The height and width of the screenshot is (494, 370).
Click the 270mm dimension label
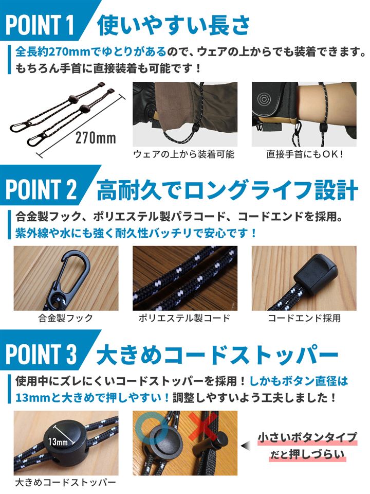(x=96, y=138)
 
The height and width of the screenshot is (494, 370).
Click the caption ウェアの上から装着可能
(x=183, y=154)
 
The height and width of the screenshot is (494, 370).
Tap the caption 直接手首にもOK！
(x=305, y=154)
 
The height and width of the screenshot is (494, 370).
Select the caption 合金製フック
(x=66, y=318)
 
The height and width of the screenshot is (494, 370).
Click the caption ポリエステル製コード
(x=184, y=318)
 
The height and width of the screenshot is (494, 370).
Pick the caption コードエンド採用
(x=304, y=318)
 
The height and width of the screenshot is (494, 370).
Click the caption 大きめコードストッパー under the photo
(x=65, y=482)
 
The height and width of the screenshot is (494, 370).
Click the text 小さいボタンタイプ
(x=307, y=438)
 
